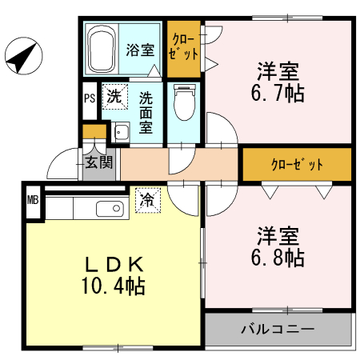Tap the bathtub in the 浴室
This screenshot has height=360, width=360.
[x=102, y=49]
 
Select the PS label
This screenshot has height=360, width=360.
[x=89, y=99]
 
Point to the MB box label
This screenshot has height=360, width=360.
[x=33, y=200]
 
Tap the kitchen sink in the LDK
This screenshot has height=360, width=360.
[x=107, y=210]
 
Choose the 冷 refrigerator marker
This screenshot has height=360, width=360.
[x=147, y=198]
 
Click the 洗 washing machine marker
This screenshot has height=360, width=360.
[x=114, y=98]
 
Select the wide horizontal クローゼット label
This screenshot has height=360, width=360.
[x=297, y=165]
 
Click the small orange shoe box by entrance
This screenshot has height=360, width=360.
[x=94, y=132]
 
